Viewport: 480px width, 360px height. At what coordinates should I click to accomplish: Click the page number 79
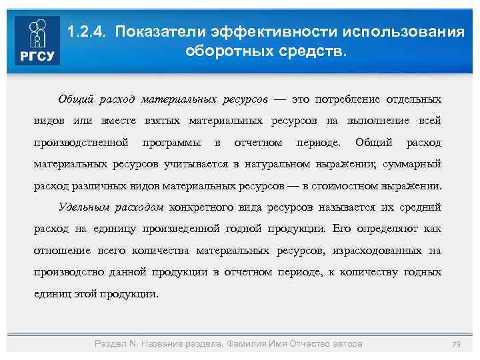457,344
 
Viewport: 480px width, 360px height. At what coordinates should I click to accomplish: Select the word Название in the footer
165,343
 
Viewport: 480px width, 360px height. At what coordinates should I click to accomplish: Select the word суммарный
413,164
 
